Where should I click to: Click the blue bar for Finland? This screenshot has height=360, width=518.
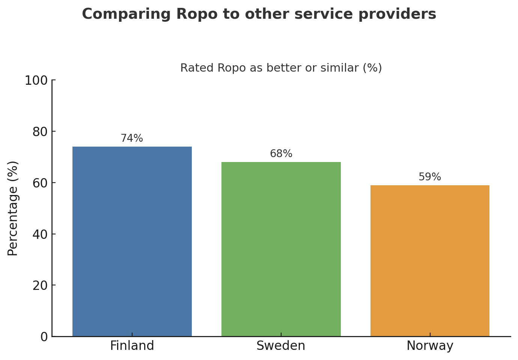(132, 241)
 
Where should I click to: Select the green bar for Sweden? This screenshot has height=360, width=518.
(281, 249)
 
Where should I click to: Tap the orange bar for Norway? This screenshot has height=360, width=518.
(430, 261)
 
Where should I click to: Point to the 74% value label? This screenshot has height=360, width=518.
(132, 138)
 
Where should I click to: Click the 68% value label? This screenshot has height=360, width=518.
(281, 154)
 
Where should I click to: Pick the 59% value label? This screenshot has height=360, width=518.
(430, 177)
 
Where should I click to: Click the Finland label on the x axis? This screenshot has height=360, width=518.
(132, 346)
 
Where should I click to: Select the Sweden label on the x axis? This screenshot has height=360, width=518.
(281, 346)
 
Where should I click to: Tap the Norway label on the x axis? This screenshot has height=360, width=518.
(430, 346)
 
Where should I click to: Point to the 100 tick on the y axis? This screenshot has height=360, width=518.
(36, 81)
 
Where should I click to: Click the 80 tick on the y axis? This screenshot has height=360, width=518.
(40, 132)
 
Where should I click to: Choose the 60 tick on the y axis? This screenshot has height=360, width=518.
(40, 183)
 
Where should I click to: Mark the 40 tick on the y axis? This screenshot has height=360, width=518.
(40, 234)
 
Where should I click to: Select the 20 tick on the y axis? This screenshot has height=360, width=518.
(40, 286)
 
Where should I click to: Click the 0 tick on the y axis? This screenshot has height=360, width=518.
(44, 337)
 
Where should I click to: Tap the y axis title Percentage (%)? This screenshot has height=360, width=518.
(13, 208)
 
